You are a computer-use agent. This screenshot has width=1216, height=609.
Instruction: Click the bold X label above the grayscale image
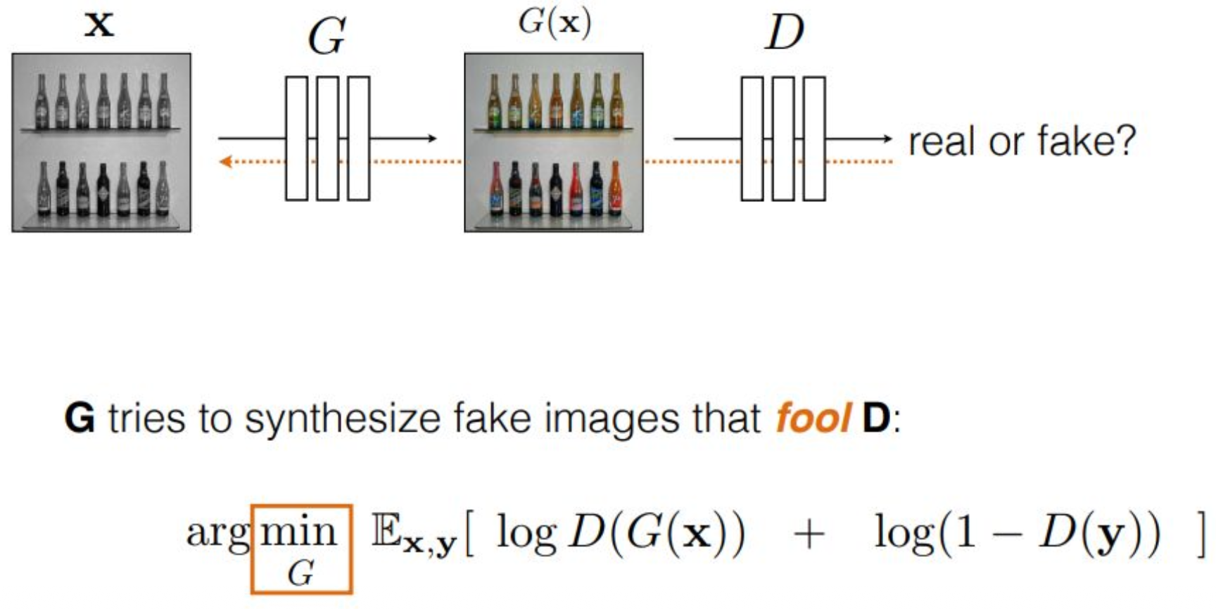click(x=99, y=25)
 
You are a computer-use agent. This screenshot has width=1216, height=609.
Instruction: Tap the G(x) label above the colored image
click(x=555, y=23)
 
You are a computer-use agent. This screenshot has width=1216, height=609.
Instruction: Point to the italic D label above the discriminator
click(x=783, y=32)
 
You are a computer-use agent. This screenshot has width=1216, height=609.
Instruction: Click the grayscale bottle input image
click(x=101, y=143)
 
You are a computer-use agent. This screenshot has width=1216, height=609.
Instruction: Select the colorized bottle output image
click(x=554, y=143)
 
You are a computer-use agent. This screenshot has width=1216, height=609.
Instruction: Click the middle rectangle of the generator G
click(x=327, y=139)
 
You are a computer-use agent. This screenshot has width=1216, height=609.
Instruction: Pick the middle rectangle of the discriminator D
click(x=783, y=139)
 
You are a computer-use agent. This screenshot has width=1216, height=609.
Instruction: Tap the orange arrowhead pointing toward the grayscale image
click(x=225, y=162)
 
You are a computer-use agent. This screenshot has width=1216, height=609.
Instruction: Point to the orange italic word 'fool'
click(x=813, y=418)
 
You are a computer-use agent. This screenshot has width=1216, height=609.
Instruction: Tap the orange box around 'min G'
click(x=301, y=549)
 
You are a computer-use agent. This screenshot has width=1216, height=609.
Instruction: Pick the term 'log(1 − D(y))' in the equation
click(x=1017, y=534)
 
